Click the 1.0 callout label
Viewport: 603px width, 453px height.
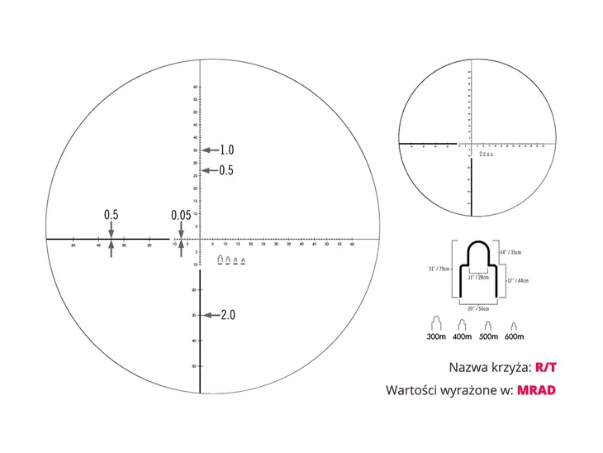click(227, 150)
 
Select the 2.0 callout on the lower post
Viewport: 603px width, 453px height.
click(228, 315)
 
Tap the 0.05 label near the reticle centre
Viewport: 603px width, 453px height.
click(181, 215)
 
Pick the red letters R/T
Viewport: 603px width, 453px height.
click(546, 366)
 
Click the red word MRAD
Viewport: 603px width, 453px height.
click(537, 389)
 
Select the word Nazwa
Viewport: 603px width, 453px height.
click(468, 367)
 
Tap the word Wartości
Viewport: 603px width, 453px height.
click(411, 390)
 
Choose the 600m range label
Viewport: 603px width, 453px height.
click(513, 336)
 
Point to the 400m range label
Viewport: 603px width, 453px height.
click(463, 336)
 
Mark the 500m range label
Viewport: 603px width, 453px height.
click(488, 336)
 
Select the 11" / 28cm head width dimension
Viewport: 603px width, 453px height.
click(477, 279)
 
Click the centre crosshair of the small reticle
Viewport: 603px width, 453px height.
click(471, 144)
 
